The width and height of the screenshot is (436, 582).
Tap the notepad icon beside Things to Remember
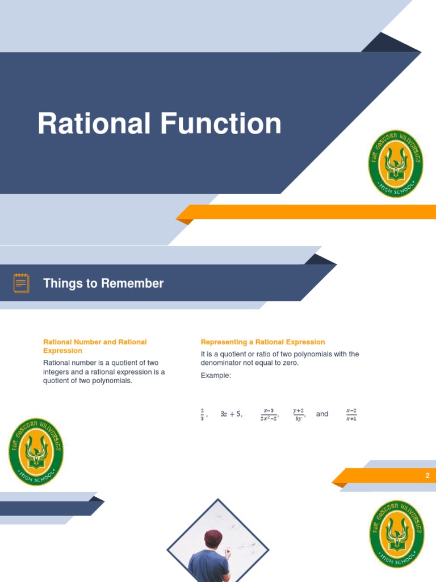[22, 283]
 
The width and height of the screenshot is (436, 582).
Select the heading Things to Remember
[103, 283]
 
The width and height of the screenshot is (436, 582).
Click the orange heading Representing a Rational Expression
[263, 342]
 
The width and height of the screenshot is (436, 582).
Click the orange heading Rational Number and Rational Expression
[95, 346]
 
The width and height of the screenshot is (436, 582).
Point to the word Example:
[216, 376]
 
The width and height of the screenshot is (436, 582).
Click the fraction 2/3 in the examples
[202, 414]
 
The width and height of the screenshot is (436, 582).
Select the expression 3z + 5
[230, 414]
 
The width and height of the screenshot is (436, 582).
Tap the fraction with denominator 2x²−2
[269, 414]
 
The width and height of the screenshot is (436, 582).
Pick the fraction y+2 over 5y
[299, 414]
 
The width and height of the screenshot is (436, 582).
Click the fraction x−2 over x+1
[351, 414]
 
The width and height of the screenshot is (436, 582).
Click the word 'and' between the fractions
[322, 414]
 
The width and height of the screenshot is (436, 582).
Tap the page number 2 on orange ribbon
[427, 476]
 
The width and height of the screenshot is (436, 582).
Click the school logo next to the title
[396, 164]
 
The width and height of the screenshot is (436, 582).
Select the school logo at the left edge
[36, 451]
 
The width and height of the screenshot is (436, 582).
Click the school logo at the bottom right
[396, 534]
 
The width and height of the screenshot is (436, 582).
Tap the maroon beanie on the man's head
[213, 537]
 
